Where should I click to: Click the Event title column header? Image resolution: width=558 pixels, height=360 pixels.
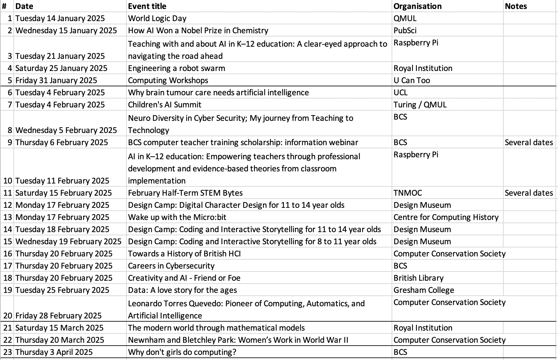tap(147, 6)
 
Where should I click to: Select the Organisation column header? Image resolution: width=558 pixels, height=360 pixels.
tap(417, 6)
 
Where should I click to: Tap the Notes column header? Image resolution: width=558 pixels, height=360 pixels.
tap(516, 6)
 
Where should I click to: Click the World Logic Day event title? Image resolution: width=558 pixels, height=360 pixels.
tap(157, 18)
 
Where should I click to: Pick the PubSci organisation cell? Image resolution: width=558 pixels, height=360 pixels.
tap(405, 30)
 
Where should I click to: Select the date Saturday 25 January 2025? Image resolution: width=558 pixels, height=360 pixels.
tap(61, 68)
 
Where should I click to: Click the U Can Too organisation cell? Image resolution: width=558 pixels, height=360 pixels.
tap(412, 80)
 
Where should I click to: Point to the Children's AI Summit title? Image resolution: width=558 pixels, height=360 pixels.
tap(164, 105)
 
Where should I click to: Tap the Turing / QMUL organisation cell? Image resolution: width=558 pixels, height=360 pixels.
tap(420, 105)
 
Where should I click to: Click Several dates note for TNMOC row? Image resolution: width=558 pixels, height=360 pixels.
tap(529, 193)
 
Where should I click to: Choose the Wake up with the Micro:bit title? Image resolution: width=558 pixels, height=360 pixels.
tap(177, 217)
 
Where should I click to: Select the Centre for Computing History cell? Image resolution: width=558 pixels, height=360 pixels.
tap(446, 217)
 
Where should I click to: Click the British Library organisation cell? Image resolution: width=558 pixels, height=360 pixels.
tap(418, 278)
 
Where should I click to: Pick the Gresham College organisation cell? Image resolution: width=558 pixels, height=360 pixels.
tap(424, 290)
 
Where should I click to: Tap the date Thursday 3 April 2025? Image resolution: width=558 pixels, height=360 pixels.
tap(54, 352)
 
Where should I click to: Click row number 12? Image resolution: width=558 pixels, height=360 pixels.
tap(8, 205)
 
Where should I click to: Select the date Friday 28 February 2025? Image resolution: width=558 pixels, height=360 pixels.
tap(58, 316)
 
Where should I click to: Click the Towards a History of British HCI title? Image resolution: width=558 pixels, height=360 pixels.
tap(184, 254)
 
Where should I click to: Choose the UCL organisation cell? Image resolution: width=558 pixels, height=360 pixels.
tap(401, 92)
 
